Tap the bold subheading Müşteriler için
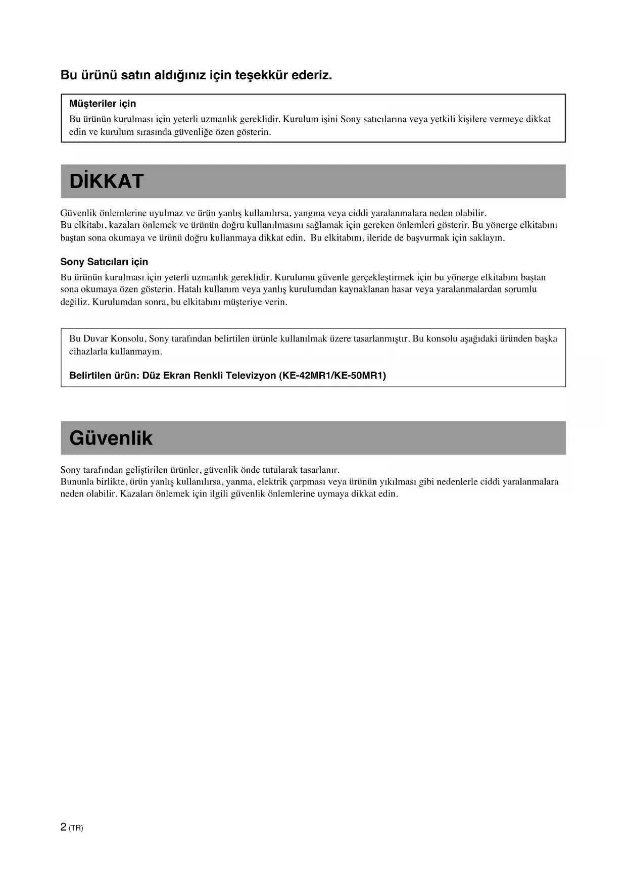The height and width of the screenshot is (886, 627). (103, 104)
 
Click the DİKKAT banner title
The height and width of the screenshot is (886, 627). (107, 181)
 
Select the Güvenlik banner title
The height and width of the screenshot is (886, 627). (111, 438)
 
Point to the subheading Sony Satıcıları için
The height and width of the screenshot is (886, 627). (104, 262)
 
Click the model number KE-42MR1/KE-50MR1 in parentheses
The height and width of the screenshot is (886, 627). (332, 376)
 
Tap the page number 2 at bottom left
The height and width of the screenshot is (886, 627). (63, 827)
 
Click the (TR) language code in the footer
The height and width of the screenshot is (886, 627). (76, 828)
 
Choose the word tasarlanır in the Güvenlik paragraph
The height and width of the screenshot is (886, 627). (319, 470)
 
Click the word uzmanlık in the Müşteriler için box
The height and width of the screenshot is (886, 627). (219, 120)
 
